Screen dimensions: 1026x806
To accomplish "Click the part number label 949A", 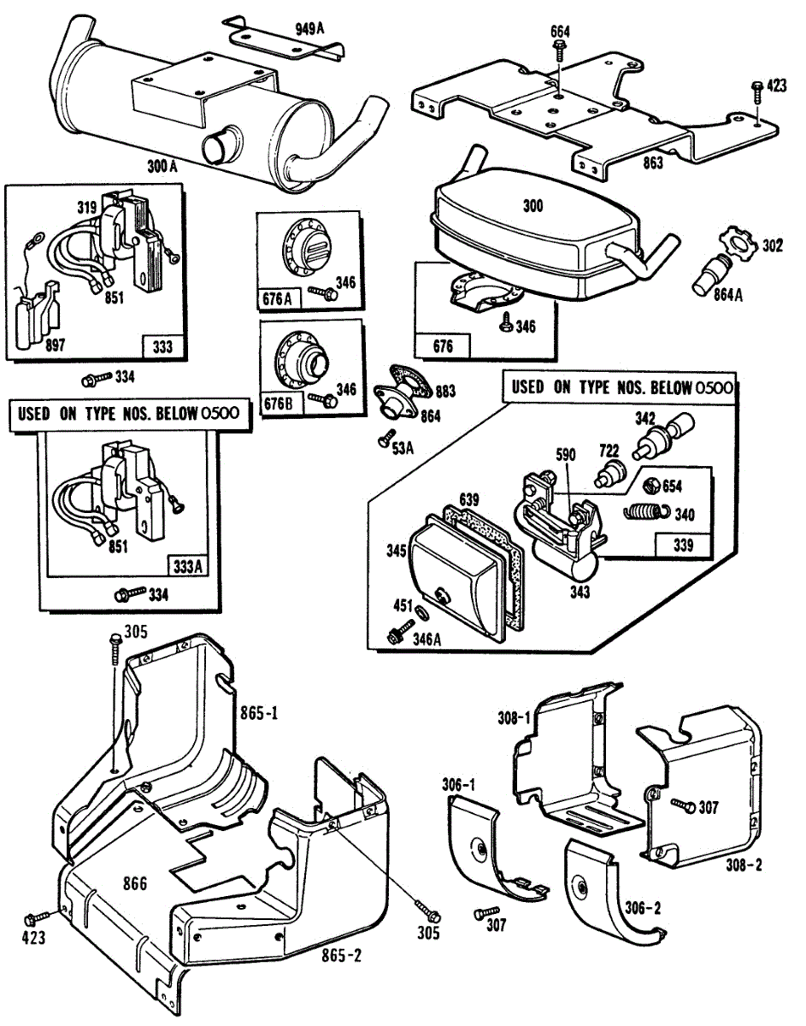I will pos(309,28).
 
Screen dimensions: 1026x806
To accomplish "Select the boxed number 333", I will pos(162,346).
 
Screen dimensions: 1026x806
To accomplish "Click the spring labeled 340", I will pos(642,512).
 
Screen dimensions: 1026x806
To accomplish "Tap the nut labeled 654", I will pos(649,485).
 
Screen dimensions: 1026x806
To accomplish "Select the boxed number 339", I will pos(684,545).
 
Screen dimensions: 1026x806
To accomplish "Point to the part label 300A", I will pos(162,167).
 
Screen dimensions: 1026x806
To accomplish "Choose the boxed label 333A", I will pos(185,565).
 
